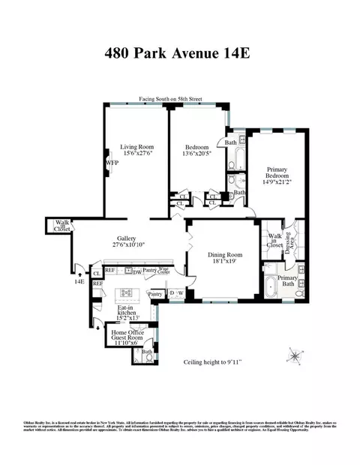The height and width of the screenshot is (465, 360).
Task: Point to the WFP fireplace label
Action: click(x=112, y=161)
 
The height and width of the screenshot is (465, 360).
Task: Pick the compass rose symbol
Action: click(x=295, y=355)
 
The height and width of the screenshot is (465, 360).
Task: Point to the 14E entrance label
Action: click(x=79, y=282)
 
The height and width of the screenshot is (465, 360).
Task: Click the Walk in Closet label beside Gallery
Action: click(x=58, y=227)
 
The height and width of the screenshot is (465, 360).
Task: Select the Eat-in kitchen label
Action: click(x=124, y=312)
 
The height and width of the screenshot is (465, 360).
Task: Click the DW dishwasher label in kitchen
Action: click(x=137, y=272)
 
